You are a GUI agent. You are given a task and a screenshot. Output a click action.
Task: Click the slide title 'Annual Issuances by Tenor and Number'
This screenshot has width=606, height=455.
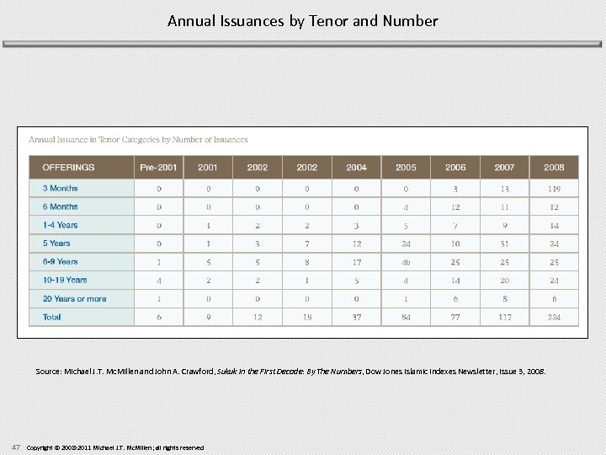(x=302, y=20)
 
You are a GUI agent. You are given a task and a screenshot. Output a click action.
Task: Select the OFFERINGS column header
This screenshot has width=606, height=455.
(x=69, y=168)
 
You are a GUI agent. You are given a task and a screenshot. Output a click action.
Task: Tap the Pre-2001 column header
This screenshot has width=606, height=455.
(x=158, y=168)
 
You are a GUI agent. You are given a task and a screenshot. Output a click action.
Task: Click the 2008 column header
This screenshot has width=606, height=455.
(x=554, y=168)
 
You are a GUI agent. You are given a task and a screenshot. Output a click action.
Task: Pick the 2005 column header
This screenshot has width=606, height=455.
(x=406, y=168)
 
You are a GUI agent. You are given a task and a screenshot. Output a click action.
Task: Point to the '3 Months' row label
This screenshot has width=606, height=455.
(x=60, y=189)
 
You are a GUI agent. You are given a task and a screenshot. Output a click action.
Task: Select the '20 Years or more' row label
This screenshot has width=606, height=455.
(x=74, y=298)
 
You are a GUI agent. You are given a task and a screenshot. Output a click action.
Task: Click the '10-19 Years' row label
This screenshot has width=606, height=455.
(x=65, y=280)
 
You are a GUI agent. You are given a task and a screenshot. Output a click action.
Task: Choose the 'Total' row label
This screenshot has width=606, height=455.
(x=52, y=317)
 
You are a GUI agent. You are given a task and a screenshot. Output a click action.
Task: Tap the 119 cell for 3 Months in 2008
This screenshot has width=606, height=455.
(x=554, y=189)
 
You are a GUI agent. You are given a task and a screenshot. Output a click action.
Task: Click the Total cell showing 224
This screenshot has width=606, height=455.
(x=554, y=317)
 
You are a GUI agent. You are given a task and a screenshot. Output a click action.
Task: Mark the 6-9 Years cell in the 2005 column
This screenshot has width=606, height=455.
(x=406, y=262)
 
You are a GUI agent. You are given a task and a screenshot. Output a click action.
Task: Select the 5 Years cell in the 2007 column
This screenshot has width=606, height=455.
(x=504, y=244)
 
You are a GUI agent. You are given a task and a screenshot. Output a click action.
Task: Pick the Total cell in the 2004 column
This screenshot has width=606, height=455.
(x=356, y=317)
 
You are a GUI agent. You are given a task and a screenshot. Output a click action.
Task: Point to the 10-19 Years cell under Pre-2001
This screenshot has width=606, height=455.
(x=158, y=280)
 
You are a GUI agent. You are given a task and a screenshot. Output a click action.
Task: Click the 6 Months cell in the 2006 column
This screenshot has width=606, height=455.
(x=455, y=207)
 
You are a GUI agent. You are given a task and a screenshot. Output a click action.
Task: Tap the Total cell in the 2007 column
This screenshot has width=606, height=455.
(x=504, y=317)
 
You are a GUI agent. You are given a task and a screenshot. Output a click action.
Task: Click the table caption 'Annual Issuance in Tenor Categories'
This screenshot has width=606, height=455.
(x=138, y=140)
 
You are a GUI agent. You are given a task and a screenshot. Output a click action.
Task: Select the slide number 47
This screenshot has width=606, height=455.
(x=16, y=447)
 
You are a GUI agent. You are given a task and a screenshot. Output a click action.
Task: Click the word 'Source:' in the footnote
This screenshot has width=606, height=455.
(x=48, y=371)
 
